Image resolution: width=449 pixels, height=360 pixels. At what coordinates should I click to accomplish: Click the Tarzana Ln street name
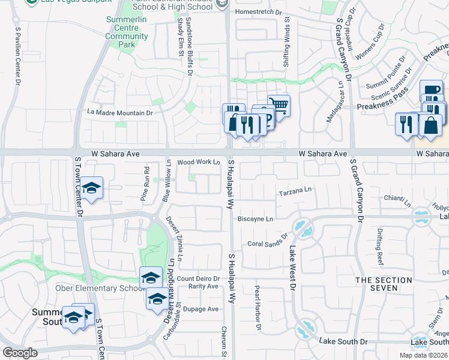click(x=297, y=191)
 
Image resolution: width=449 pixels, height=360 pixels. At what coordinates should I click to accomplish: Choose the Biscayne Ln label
click(x=255, y=219)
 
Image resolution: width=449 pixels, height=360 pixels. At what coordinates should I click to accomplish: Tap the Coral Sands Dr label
click(x=268, y=244)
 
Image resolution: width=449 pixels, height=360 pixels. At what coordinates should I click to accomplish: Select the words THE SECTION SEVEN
click(x=385, y=284)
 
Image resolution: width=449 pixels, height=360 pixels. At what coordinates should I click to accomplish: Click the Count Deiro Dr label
click(x=198, y=278)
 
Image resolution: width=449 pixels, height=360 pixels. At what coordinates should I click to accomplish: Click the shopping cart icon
click(x=279, y=106)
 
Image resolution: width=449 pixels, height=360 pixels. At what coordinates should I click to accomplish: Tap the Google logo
click(x=20, y=353)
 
